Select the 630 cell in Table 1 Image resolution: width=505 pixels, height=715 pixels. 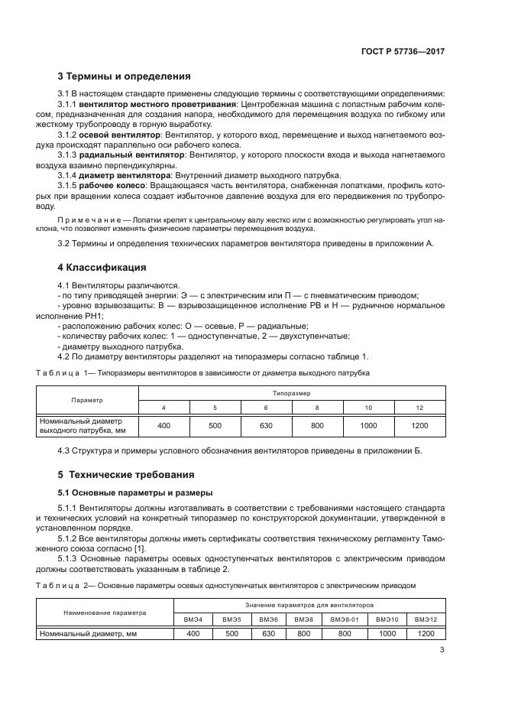(x=267, y=425)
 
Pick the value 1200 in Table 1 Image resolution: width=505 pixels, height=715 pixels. (x=419, y=425)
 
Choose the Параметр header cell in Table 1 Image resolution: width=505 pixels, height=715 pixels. (x=87, y=400)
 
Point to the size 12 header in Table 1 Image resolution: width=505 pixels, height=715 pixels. (x=419, y=408)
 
